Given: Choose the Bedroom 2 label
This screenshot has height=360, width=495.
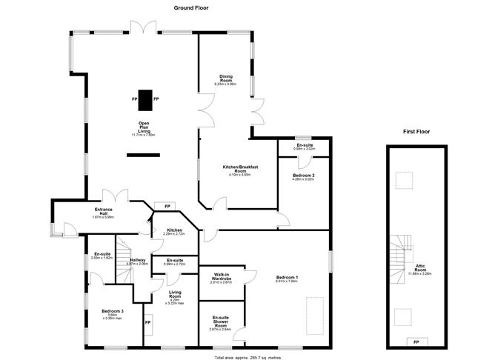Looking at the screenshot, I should [x=304, y=176].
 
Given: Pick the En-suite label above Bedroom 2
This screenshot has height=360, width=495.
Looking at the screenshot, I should [x=304, y=146].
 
